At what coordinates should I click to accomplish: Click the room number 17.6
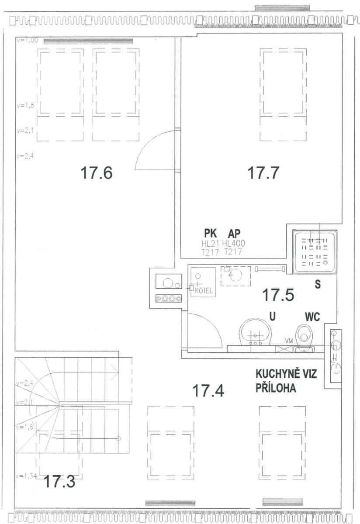pos(96,173)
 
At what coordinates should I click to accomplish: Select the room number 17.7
pos(263,173)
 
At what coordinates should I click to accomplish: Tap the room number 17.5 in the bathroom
pos(277,295)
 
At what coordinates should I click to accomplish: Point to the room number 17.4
pos(208,390)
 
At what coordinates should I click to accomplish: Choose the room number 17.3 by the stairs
pos(59,482)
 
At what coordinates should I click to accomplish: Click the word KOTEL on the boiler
pos(203,290)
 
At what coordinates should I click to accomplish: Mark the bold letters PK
pos(211,234)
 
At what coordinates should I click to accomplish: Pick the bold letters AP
pos(234,234)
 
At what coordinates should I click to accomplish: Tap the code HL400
pos(234,244)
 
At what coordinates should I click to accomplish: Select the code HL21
pos(210,244)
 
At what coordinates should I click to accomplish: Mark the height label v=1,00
pos(27,40)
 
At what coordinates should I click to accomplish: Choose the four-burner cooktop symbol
pos(168,299)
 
